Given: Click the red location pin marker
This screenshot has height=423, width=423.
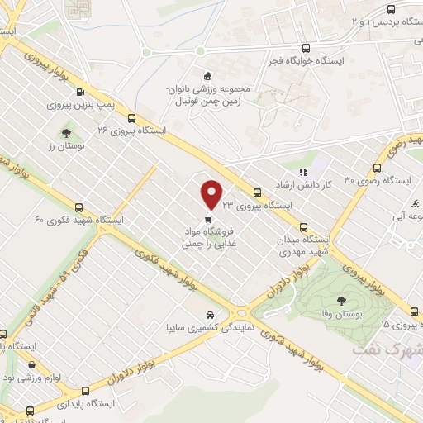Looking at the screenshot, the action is pos(212,193).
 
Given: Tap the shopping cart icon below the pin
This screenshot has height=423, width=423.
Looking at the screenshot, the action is pos(208,219).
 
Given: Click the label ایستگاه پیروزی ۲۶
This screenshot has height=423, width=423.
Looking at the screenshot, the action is pos(132,131).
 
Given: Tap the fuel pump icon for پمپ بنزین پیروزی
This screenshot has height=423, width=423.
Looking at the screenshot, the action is pos(79,93).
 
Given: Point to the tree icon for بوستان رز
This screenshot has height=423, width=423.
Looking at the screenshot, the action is pos(66,131).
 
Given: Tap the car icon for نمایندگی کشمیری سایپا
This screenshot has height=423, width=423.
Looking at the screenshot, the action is pos(211,315).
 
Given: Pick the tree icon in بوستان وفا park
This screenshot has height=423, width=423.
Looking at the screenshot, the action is pos(342,300).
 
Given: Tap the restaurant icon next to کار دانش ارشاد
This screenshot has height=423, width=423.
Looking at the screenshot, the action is pos(303,172).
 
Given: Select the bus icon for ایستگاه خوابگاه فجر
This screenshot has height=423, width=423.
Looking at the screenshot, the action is pos(306,47).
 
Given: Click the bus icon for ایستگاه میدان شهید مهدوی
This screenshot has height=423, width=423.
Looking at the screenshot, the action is pos(303,226).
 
